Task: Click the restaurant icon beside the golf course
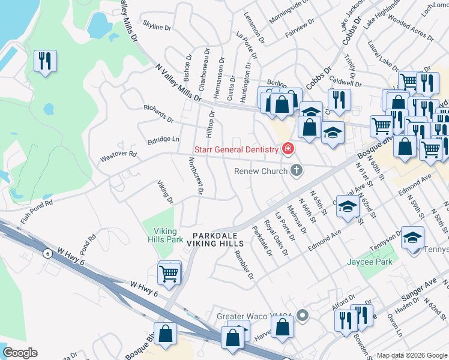click(46, 61)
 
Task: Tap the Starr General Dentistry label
click(235, 149)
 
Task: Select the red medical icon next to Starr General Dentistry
click(288, 148)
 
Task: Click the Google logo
click(20, 353)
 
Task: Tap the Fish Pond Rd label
click(37, 212)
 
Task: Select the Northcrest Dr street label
click(195, 176)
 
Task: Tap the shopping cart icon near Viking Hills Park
click(169, 274)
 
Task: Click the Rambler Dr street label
click(244, 263)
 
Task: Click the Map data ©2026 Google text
click(412, 355)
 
